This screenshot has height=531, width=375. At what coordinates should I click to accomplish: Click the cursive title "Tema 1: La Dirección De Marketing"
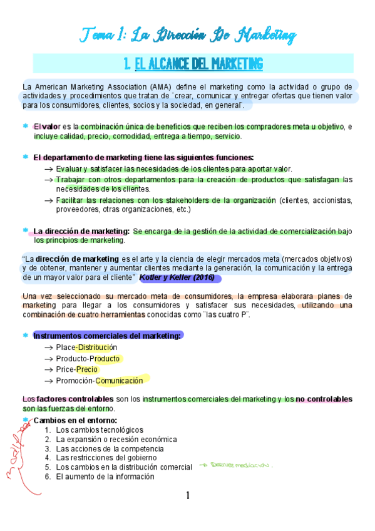coord(187,34)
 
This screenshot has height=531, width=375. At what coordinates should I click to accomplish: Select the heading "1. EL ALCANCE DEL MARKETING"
coord(193,64)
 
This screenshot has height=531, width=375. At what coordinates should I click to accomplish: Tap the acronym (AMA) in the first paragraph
coord(158,86)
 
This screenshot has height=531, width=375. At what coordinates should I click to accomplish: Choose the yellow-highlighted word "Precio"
coord(87,369)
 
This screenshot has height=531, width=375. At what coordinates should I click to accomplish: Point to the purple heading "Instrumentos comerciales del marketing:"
coord(108,336)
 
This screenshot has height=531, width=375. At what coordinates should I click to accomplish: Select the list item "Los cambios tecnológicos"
coord(100,430)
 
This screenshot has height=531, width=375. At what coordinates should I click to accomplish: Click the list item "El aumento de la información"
coord(105,477)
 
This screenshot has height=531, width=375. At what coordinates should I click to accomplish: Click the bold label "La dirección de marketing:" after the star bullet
coord(81,231)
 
